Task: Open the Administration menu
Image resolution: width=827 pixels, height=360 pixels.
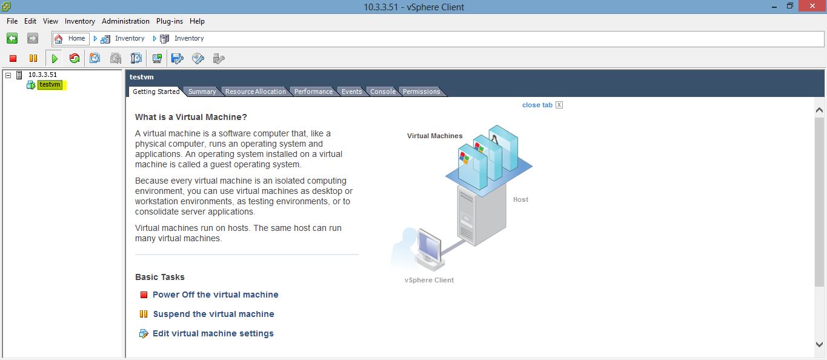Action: coord(126,21)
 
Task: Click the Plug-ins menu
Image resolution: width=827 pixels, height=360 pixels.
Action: coord(169,21)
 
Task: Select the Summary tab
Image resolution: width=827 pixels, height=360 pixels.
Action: coord(202,92)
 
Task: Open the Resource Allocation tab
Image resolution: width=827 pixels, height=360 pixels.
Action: coord(255,92)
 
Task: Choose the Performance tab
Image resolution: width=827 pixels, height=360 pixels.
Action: coord(313,92)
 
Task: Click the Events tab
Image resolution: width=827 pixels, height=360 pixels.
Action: coord(351,92)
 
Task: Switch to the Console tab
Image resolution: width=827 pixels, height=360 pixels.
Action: coord(383,92)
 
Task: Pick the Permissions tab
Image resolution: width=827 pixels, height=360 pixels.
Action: coord(421,92)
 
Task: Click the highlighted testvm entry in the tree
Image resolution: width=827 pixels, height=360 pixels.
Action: coord(50,85)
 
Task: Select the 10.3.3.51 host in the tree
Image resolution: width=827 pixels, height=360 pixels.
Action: coord(42,75)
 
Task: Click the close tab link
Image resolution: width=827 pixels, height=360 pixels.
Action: coord(537,105)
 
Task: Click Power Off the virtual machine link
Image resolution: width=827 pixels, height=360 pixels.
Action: coord(215,295)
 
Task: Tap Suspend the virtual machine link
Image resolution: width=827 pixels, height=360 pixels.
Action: coord(213,314)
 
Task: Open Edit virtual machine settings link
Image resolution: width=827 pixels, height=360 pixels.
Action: coord(213,333)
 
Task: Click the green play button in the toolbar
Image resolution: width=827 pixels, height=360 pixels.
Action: coord(55,58)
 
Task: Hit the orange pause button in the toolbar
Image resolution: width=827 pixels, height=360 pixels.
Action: coord(33,58)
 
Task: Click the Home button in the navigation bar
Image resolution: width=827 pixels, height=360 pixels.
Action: coord(71,38)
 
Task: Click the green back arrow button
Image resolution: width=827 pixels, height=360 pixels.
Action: coord(12,38)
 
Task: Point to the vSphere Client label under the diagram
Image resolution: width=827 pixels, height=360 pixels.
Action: coord(429,280)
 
